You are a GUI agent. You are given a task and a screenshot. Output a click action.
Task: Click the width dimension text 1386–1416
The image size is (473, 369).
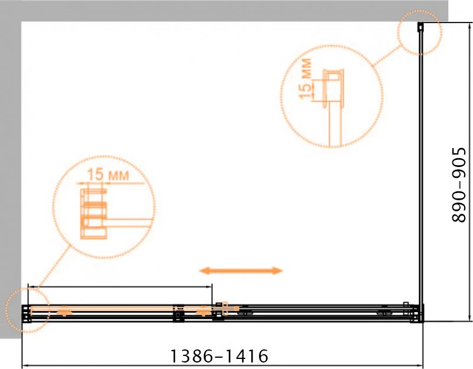(219, 356)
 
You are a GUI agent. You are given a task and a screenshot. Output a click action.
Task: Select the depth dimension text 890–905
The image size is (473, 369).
(459, 185)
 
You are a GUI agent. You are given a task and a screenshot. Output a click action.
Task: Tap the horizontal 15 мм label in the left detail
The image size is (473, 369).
(108, 175)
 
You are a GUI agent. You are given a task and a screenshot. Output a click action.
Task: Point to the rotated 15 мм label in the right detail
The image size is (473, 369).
(305, 78)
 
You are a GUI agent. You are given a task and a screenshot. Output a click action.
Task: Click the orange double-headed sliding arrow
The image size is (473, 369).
(241, 271)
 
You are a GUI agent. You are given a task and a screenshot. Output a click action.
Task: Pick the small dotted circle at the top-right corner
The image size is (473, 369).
(419, 33)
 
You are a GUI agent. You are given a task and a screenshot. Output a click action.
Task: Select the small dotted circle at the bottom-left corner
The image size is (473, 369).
(27, 310)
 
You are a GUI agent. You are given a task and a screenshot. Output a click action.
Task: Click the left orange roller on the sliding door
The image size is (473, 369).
(64, 312)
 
